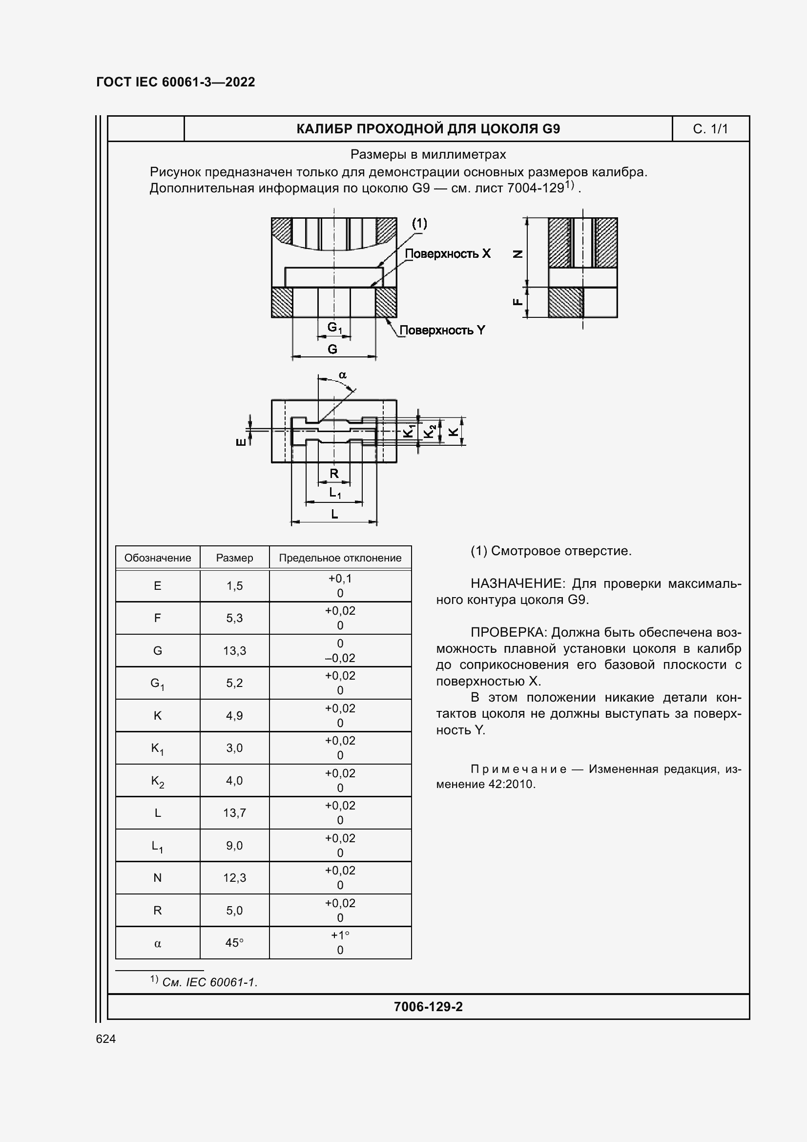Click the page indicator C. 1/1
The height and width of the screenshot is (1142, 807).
710,129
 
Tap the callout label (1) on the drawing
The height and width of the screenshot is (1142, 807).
419,223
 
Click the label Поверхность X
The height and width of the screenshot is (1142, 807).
448,254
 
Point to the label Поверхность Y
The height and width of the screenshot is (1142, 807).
442,330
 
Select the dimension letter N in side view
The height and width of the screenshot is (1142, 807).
517,254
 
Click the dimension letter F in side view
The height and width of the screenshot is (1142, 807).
517,301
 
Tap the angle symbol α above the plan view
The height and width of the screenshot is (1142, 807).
342,375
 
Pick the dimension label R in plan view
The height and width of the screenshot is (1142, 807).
334,474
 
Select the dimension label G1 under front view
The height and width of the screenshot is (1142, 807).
334,328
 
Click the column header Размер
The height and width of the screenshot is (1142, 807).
234,558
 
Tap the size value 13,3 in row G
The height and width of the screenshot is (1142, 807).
234,650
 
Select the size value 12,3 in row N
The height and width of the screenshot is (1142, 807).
234,878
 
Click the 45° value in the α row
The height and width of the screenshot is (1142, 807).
234,942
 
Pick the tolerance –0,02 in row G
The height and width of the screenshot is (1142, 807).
340,658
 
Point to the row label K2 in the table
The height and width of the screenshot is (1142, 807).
158,781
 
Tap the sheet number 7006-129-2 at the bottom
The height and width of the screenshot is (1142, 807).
428,1007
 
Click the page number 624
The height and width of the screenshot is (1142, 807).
106,1039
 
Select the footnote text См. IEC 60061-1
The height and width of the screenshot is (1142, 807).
209,982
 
